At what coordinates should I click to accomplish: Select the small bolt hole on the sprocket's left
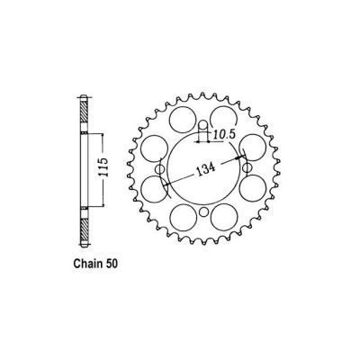pyautogui.click(x=159, y=167)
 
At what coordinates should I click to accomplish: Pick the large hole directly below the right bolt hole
pyautogui.click(x=252, y=191)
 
